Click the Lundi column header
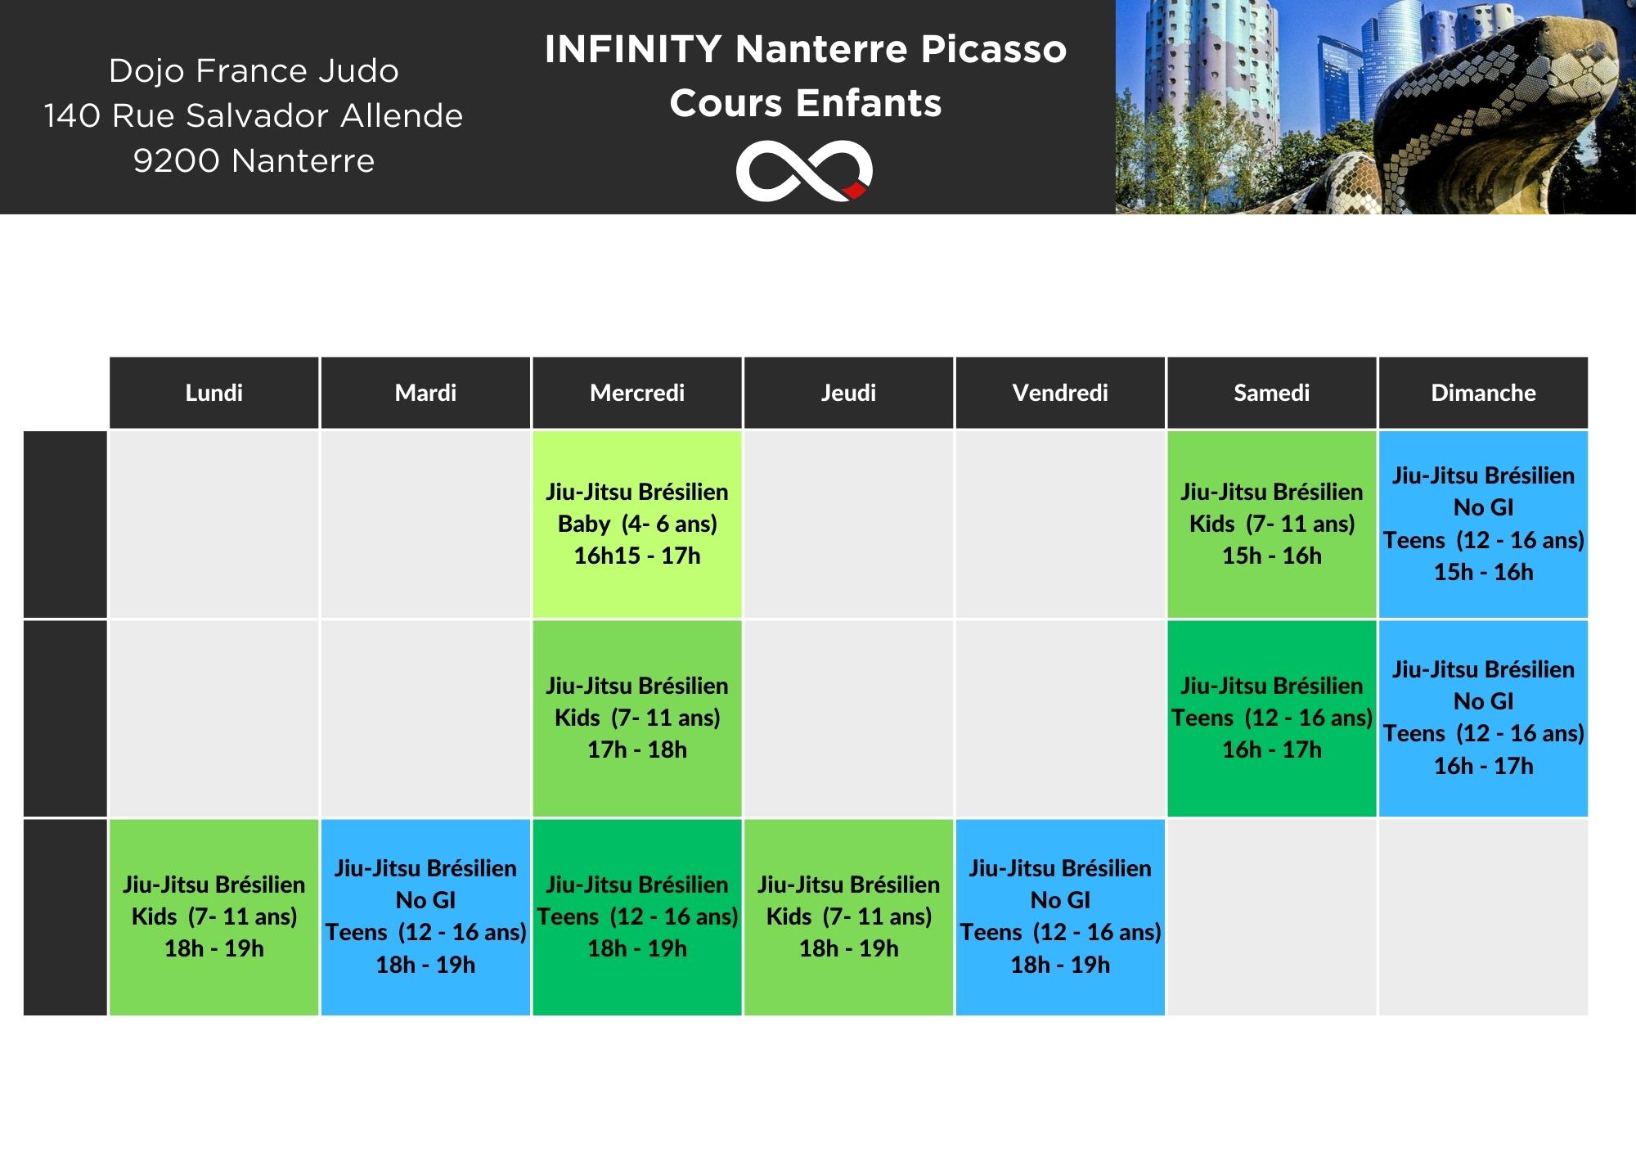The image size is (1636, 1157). (x=213, y=393)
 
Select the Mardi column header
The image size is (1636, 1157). (x=425, y=393)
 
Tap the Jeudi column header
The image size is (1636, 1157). (x=848, y=393)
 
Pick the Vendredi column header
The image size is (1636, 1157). (x=1060, y=393)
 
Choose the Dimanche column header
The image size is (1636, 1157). (x=1483, y=393)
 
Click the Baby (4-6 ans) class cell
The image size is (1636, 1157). (x=637, y=524)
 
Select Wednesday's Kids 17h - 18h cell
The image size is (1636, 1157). (x=637, y=718)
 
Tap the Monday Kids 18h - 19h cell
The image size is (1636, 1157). (x=213, y=917)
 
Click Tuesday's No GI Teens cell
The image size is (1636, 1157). (x=425, y=917)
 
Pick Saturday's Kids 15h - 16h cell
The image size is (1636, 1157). (x=1272, y=524)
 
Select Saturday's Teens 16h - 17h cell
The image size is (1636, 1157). (x=1272, y=718)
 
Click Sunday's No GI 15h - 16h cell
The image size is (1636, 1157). (x=1483, y=524)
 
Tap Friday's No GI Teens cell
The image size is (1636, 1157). (x=1060, y=917)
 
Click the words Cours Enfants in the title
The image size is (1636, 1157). (x=806, y=104)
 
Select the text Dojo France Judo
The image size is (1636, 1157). (x=254, y=71)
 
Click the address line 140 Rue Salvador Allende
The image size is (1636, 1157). (x=254, y=116)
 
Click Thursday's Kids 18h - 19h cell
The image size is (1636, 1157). (x=848, y=917)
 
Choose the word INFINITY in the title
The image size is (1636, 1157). (x=633, y=49)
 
